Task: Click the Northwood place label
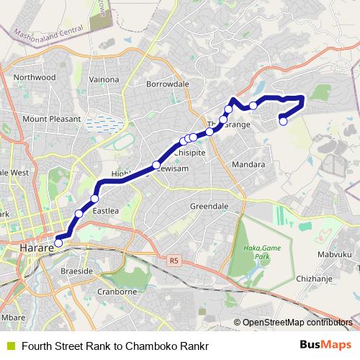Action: pos(34,77)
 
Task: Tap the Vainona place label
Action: pos(104,78)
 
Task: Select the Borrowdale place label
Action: pos(167,84)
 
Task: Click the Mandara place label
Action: pos(249,165)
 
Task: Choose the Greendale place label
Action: pos(209,206)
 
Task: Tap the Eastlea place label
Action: pos(107,212)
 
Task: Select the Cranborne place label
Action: pos(116,292)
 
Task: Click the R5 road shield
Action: pos(174,260)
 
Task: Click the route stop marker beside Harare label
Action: pos(58,243)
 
